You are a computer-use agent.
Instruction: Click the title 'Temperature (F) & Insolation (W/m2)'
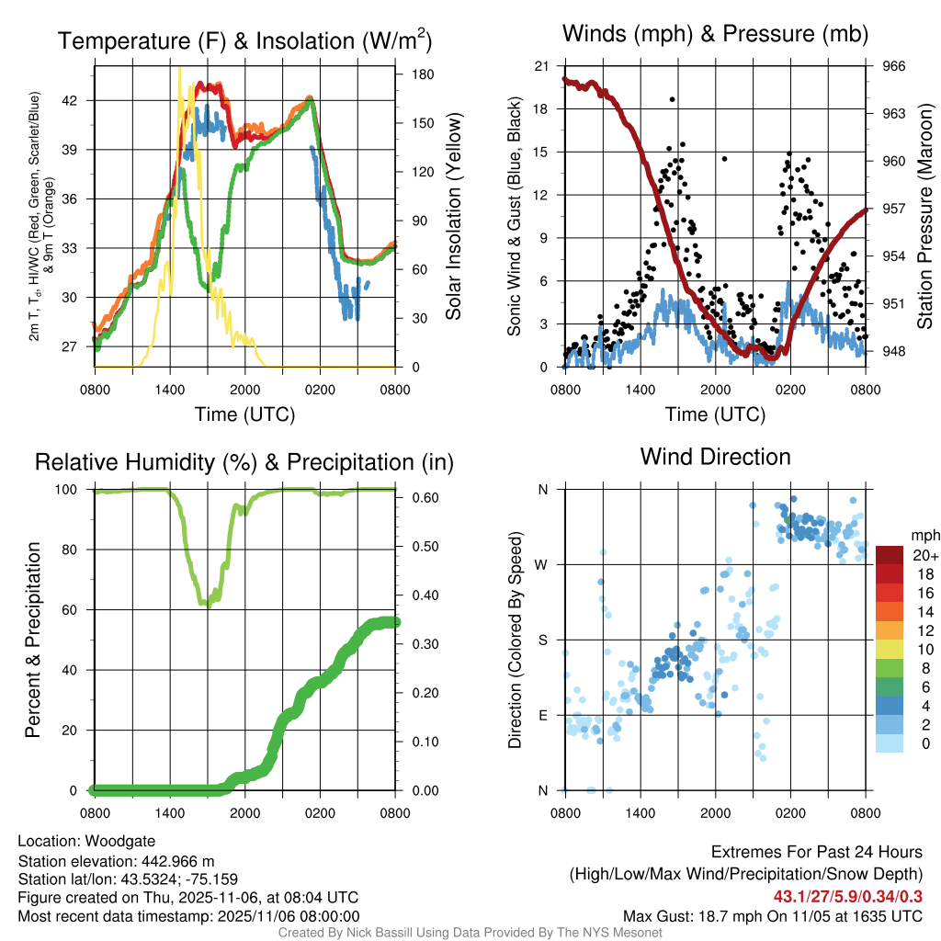point(244,40)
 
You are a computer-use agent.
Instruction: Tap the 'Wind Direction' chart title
point(715,457)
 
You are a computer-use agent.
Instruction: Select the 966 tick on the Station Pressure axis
point(894,66)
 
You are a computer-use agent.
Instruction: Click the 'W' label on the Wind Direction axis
point(541,564)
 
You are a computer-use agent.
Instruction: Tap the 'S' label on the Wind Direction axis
point(542,640)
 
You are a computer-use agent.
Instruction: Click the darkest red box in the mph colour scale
point(890,555)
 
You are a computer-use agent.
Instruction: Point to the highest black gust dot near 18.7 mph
point(673,99)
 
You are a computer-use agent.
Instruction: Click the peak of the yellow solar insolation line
point(179,68)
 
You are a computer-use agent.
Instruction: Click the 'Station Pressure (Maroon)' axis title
point(924,218)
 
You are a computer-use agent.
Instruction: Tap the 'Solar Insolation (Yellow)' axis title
point(453,217)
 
